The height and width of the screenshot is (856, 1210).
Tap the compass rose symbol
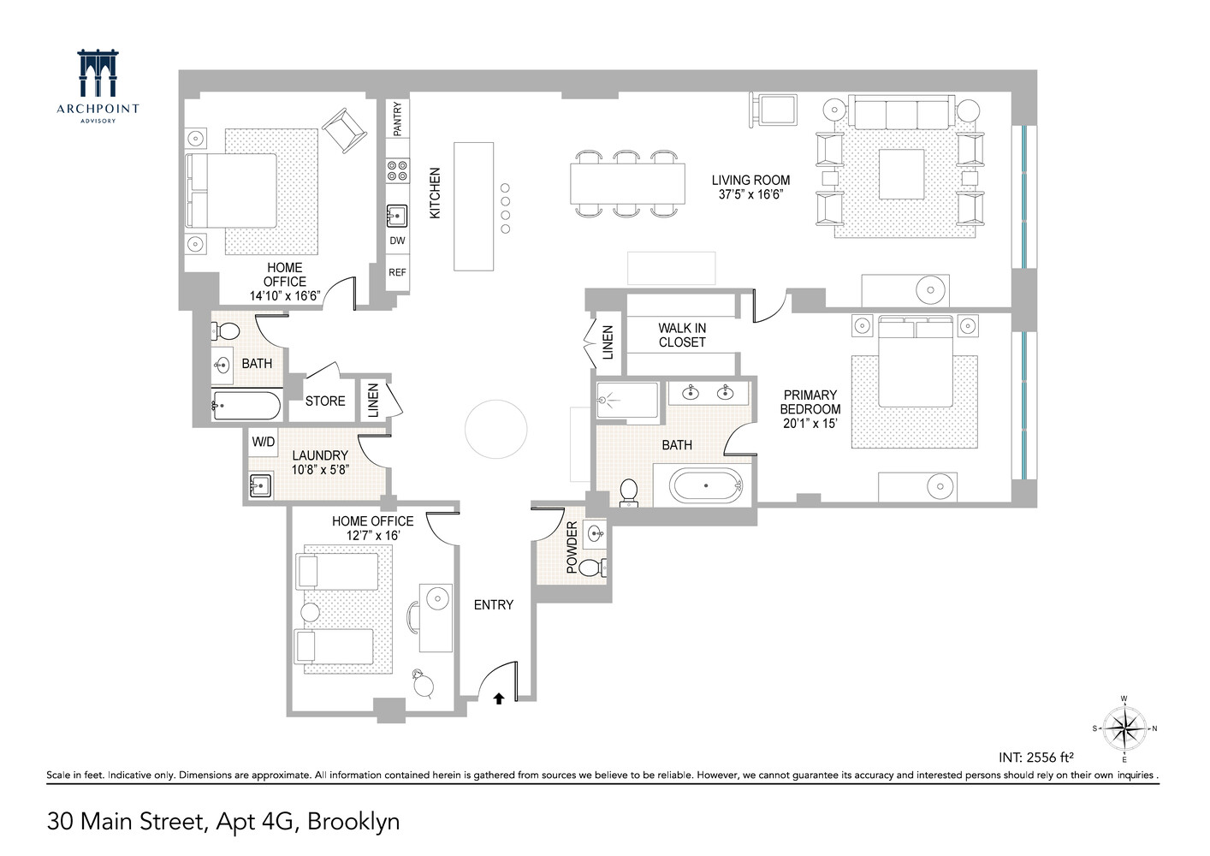tap(1124, 728)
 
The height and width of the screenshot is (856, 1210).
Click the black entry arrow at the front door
tap(499, 698)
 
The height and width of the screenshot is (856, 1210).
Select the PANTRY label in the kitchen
tap(397, 119)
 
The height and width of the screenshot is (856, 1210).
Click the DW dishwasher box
tap(397, 241)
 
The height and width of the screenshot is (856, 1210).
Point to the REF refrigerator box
tap(397, 272)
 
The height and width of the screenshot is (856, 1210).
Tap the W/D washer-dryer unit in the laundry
tap(263, 442)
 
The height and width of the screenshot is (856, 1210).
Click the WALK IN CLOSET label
tap(682, 335)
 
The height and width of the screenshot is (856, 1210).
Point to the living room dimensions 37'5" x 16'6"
tap(750, 194)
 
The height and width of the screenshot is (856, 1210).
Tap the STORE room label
tap(325, 401)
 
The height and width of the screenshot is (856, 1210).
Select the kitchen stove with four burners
tap(397, 170)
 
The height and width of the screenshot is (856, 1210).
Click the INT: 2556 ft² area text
tap(1035, 757)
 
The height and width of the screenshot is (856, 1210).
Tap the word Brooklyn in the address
tap(353, 822)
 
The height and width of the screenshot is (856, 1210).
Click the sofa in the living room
tap(901, 113)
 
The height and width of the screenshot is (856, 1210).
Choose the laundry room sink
tap(260, 486)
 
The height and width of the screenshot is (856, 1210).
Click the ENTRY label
tap(494, 604)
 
